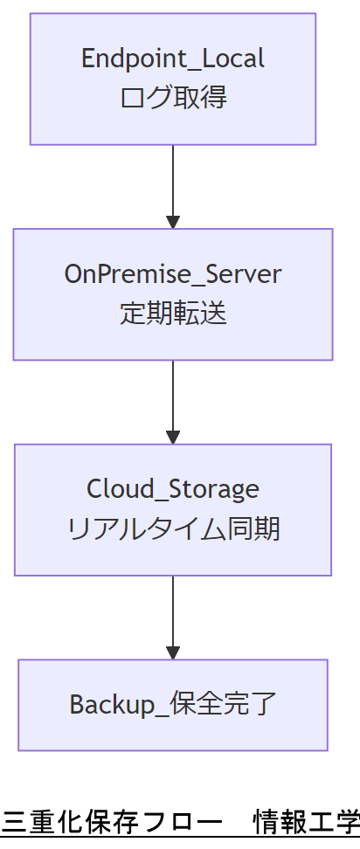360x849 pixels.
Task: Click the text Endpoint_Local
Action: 173,59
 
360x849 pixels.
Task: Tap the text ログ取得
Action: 173,97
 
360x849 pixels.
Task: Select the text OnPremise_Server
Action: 173,273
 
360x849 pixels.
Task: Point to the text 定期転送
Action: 173,313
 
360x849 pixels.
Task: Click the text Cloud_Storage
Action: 173,488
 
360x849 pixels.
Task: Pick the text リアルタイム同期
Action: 173,528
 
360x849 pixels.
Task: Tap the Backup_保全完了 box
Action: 173,705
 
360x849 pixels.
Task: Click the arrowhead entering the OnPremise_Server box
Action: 173,221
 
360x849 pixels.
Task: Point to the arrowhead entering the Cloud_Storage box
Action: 173,437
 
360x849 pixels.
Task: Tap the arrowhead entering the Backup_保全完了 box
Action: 173,652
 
